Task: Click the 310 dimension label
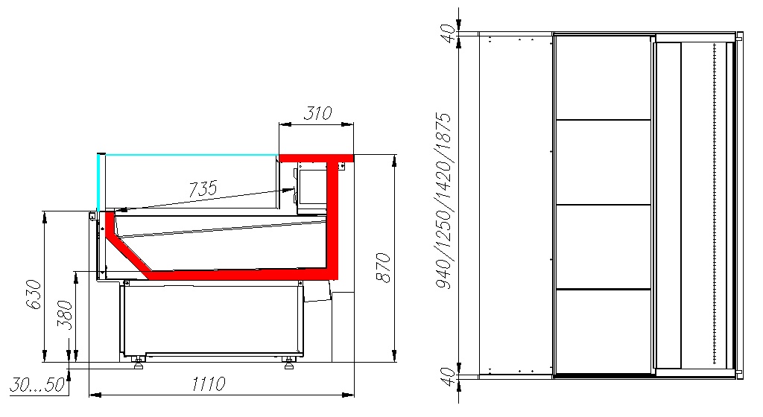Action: click(x=317, y=113)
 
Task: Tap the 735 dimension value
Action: click(x=203, y=188)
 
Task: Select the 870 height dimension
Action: click(x=384, y=268)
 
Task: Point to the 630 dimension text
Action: click(x=33, y=295)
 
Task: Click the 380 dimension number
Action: click(x=64, y=316)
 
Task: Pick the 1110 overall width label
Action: click(x=209, y=384)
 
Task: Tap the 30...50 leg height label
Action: click(x=37, y=385)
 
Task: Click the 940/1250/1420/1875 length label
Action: click(x=443, y=201)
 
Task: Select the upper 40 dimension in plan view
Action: click(x=449, y=33)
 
